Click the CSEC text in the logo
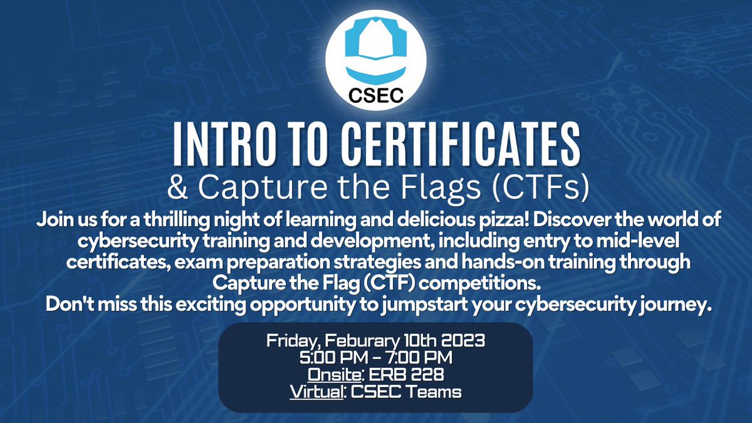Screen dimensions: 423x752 coord(375,97)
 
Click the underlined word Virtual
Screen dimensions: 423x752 coord(316,393)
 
